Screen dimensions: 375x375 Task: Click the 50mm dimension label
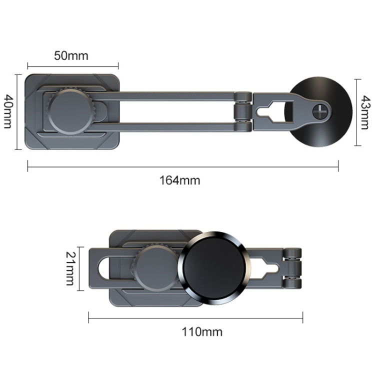point(71,55)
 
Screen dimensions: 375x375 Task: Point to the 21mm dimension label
point(70,268)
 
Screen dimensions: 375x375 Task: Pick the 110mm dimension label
point(195,331)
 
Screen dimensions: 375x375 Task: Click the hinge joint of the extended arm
point(244,111)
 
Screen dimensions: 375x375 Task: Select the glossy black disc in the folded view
point(212,268)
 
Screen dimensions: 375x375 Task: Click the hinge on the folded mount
point(293,268)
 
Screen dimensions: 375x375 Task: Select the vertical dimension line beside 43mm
point(355,112)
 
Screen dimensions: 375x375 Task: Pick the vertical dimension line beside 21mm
point(79,268)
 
